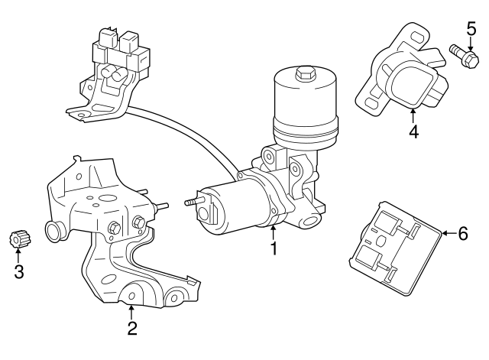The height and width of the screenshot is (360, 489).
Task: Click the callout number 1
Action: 273,248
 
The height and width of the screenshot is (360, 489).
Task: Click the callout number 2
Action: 132,329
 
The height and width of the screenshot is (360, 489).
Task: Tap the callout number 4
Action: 413,131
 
